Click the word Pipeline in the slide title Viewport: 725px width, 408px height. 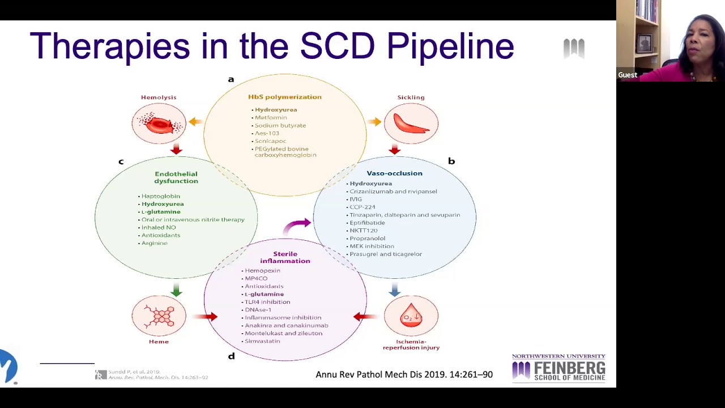click(450, 46)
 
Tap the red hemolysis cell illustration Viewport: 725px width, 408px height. click(159, 124)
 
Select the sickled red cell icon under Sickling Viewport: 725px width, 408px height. click(411, 124)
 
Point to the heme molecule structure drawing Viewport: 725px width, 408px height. click(159, 316)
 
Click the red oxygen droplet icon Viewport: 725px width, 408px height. click(411, 316)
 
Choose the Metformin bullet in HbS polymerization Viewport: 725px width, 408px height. click(271, 117)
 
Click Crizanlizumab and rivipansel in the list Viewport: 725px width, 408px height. click(393, 192)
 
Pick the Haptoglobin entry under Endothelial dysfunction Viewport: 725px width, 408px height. click(160, 196)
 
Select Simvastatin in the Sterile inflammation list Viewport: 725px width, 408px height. click(262, 341)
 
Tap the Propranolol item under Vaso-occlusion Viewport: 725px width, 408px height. click(367, 239)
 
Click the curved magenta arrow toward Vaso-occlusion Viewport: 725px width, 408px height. click(297, 226)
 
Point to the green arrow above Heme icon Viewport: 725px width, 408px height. click(176, 290)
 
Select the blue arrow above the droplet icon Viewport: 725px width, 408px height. click(395, 290)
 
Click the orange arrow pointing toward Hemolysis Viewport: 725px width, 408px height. click(196, 121)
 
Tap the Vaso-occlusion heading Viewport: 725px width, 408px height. click(394, 173)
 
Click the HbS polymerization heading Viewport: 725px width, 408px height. click(284, 97)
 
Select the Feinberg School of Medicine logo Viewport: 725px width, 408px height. click(558, 368)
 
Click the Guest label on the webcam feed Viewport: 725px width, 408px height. click(628, 75)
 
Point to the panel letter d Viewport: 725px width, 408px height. click(231, 356)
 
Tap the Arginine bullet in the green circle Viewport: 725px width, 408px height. click(154, 243)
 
